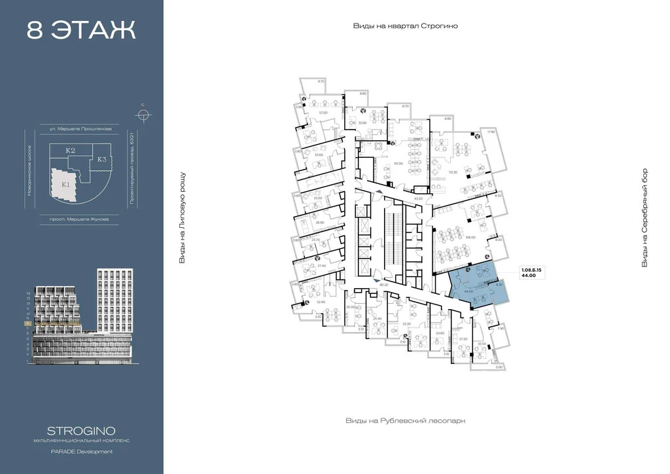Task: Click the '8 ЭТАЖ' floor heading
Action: click(x=81, y=30)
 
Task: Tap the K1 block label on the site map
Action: click(x=65, y=185)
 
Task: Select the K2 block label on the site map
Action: click(x=71, y=151)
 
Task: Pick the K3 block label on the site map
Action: click(x=102, y=159)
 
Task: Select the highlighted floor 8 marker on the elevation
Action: click(x=28, y=323)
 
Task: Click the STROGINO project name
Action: click(x=81, y=430)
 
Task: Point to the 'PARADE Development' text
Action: click(x=81, y=451)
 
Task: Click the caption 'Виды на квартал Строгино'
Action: click(x=405, y=26)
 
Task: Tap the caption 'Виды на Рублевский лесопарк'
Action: click(x=405, y=420)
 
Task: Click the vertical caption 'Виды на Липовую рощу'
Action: click(x=183, y=218)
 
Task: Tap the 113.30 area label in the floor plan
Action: click(x=452, y=172)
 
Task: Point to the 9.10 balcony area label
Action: click(x=321, y=81)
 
